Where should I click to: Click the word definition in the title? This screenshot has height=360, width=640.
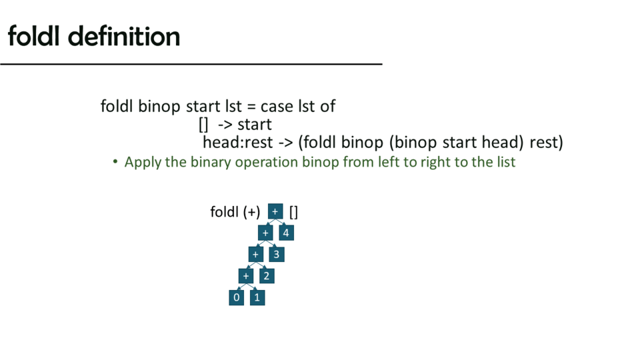click(x=124, y=36)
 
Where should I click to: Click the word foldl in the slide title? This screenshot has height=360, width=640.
click(x=34, y=36)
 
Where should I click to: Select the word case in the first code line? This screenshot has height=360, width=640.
click(x=277, y=107)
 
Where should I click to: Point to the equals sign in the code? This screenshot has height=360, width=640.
click(x=251, y=107)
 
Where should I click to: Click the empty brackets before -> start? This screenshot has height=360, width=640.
click(x=203, y=125)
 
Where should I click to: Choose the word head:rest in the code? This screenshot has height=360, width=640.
click(x=238, y=143)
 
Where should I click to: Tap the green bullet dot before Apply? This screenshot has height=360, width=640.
click(x=115, y=161)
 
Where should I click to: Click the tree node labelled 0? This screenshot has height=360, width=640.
click(x=236, y=297)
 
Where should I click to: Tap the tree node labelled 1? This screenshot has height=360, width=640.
click(x=257, y=297)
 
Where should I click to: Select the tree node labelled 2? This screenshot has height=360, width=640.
click(x=267, y=276)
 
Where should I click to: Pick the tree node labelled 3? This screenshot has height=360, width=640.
click(x=276, y=254)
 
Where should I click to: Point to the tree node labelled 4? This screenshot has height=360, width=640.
click(x=286, y=233)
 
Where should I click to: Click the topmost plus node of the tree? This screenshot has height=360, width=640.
click(x=275, y=211)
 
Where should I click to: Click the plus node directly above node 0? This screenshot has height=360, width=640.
click(x=246, y=276)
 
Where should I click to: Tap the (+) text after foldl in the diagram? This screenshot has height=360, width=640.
click(x=251, y=212)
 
